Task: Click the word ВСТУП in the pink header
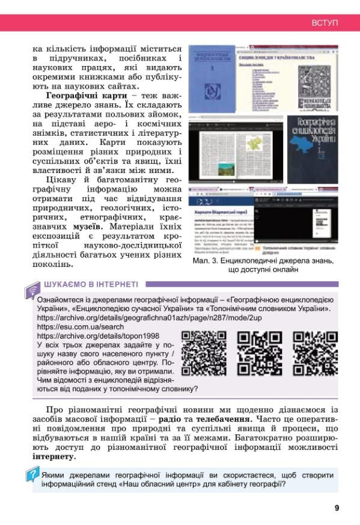click(x=325, y=23)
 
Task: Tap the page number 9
click(x=337, y=508)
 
